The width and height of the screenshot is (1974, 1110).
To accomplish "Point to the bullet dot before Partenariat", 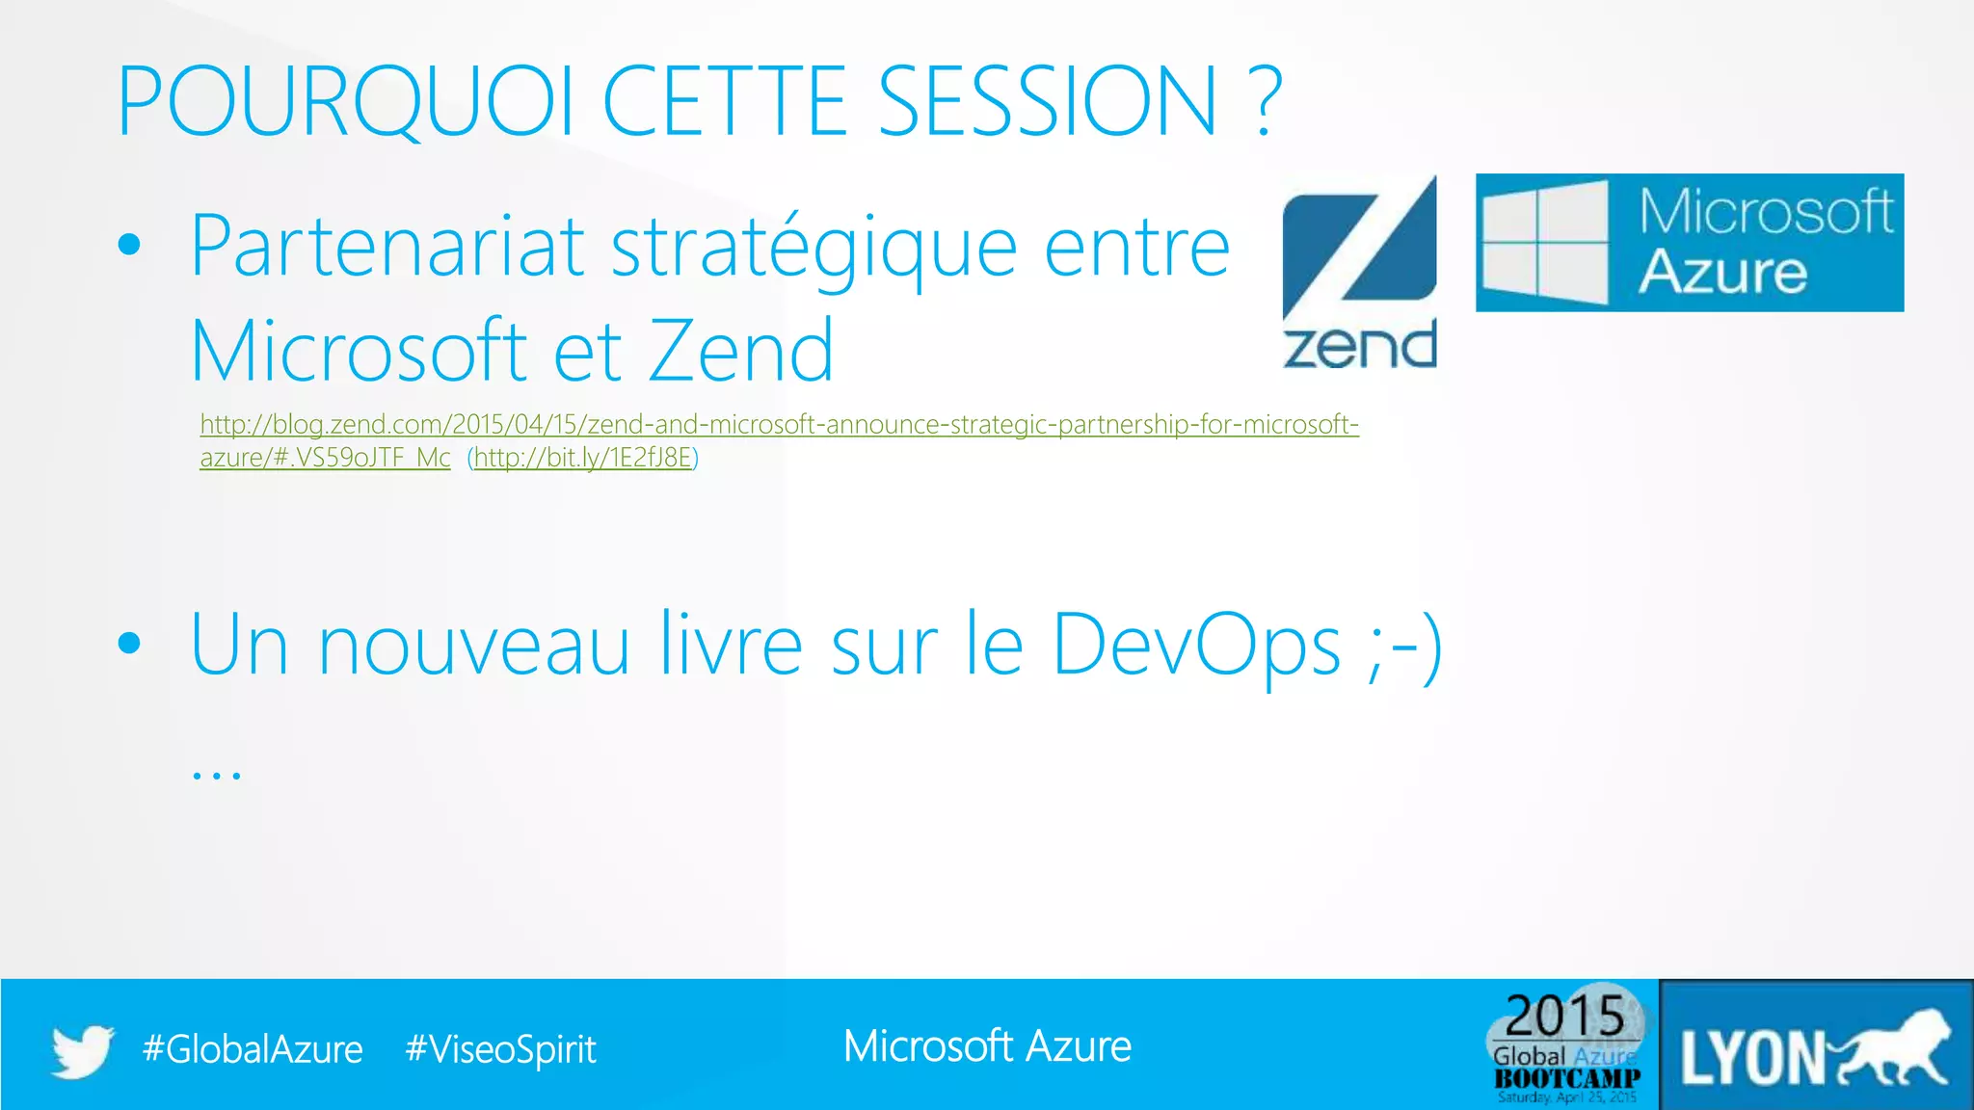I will pos(129,245).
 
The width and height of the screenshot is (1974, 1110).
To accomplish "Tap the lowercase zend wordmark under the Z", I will pos(1359,346).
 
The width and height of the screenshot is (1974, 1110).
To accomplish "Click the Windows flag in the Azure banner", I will pos(1544,242).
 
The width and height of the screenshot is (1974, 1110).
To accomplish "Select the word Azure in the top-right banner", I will pos(1722,272).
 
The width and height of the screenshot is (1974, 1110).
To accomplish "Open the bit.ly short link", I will pos(583,458).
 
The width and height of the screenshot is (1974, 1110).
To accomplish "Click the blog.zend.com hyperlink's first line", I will pos(779,424).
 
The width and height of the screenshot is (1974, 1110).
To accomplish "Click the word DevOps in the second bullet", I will pos(1196,644).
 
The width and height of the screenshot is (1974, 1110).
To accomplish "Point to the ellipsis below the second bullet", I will pos(216,773).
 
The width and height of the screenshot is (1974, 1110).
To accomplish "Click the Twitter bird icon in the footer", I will pos(83,1049).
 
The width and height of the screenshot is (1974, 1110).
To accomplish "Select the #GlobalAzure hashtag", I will pos(253,1049).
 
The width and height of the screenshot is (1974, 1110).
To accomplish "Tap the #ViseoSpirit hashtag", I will pos(500,1049).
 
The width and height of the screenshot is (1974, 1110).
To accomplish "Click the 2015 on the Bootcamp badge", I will pos(1565,1016).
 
